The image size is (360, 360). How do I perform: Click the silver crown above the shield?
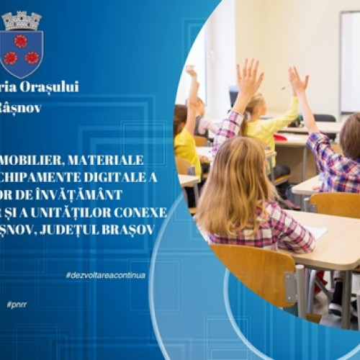pos(22,20)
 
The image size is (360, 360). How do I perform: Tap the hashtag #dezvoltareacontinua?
pos(104,275)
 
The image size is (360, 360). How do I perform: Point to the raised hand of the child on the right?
pos(295,77)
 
